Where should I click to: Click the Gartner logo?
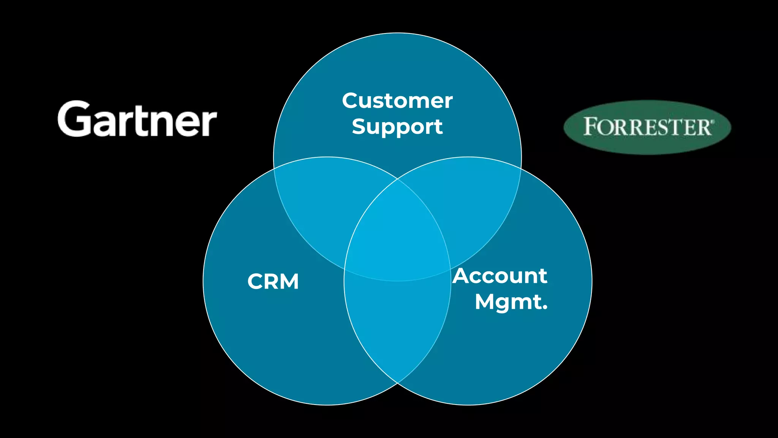click(x=137, y=119)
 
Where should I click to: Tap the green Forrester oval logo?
click(x=647, y=127)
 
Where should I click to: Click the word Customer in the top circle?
click(x=397, y=101)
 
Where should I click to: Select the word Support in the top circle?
click(x=397, y=127)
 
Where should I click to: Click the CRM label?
click(x=273, y=282)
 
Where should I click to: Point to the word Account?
click(x=500, y=276)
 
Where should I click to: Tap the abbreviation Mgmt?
click(x=511, y=302)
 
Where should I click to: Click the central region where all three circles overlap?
click(x=397, y=236)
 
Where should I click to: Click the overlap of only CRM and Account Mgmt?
click(x=397, y=327)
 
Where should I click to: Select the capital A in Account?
click(x=462, y=276)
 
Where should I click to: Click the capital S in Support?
click(x=359, y=126)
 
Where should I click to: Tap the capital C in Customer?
click(x=350, y=101)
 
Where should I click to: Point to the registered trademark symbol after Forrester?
click(x=713, y=121)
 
